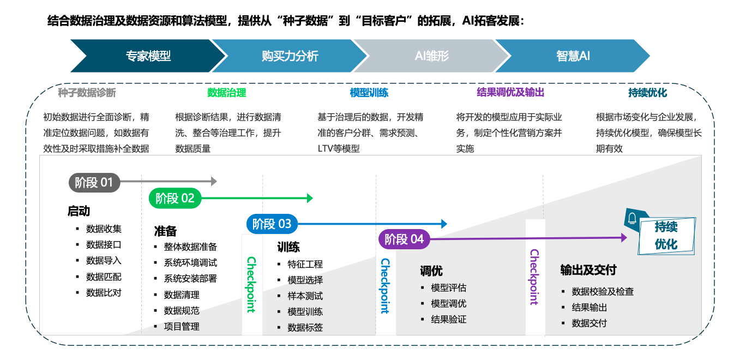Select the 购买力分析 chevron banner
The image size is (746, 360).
(x=290, y=56)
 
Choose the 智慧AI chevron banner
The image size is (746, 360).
(x=573, y=56)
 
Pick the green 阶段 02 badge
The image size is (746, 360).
(x=175, y=198)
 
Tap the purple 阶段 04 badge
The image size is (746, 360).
(x=404, y=239)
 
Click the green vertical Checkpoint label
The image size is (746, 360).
(x=251, y=284)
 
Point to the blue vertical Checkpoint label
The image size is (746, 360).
(x=385, y=285)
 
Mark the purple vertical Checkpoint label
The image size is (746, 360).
(x=534, y=277)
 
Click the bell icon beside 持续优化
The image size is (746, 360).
(x=633, y=219)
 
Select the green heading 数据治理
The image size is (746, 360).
(x=227, y=93)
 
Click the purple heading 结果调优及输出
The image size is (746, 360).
(x=510, y=93)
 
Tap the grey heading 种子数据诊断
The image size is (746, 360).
(x=87, y=93)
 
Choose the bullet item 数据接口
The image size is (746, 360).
(x=104, y=244)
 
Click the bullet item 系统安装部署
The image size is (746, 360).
(x=190, y=279)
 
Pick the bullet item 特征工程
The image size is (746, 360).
(x=305, y=265)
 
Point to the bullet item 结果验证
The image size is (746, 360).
(x=449, y=320)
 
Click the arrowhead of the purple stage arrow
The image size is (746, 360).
(x=624, y=237)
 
